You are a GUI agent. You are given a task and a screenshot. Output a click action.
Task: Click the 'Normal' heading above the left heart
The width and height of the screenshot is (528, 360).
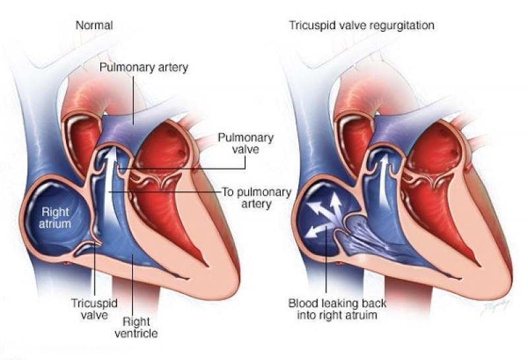[94, 25]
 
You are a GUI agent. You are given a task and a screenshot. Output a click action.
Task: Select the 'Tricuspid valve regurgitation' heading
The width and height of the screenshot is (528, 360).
[362, 26]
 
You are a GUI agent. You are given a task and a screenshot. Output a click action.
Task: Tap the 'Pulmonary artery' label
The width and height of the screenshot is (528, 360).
[144, 67]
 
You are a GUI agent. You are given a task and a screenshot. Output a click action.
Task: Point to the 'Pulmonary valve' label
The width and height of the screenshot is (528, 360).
[246, 143]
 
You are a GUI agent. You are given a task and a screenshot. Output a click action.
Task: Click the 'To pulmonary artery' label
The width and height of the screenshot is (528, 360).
[257, 198]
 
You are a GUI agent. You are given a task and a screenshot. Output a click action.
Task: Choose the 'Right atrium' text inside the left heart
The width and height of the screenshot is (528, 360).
[55, 218]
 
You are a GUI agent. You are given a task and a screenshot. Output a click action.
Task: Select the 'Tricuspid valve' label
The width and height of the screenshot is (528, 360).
[94, 309]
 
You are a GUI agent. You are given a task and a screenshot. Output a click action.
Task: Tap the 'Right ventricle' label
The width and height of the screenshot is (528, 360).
[136, 328]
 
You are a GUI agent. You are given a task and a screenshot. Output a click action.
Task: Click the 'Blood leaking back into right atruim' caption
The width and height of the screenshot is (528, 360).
[337, 309]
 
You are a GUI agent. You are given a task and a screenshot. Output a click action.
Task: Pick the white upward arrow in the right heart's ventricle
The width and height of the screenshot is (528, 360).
[383, 182]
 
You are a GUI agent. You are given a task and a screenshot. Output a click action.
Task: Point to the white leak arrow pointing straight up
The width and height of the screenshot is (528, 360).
[335, 205]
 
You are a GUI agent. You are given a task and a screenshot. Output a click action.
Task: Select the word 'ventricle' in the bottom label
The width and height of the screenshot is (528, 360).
[136, 334]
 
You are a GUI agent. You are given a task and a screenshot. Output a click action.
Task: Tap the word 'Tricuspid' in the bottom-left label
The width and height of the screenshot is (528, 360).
[94, 303]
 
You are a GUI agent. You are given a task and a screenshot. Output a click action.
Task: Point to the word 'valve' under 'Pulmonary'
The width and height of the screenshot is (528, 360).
[246, 149]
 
